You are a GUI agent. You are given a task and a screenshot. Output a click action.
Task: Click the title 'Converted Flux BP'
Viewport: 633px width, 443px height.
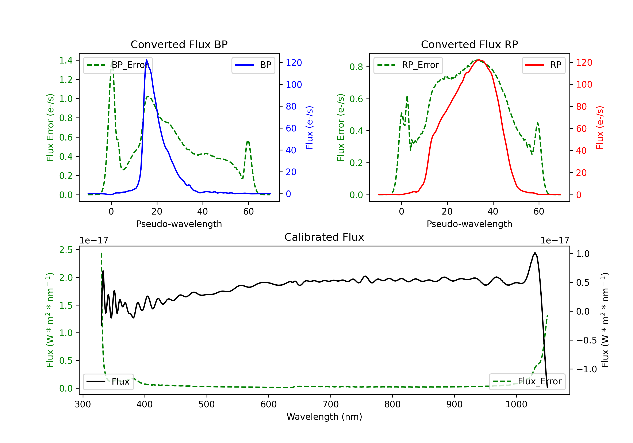click(x=179, y=44)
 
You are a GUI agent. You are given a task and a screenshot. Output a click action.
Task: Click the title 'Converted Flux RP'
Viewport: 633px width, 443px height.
click(x=469, y=44)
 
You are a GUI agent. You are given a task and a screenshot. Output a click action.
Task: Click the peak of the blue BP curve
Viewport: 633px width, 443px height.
click(x=146, y=60)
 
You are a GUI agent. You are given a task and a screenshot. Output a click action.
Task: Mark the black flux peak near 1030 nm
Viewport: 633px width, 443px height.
click(x=535, y=253)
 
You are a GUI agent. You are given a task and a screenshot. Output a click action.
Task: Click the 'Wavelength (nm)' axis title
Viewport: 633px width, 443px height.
click(x=324, y=417)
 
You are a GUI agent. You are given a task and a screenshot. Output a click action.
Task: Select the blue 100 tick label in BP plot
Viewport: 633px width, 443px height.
click(x=294, y=85)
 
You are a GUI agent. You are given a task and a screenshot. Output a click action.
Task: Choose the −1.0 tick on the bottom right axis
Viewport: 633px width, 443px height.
click(x=586, y=369)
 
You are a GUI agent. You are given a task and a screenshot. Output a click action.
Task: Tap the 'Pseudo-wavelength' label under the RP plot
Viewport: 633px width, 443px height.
click(x=469, y=224)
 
